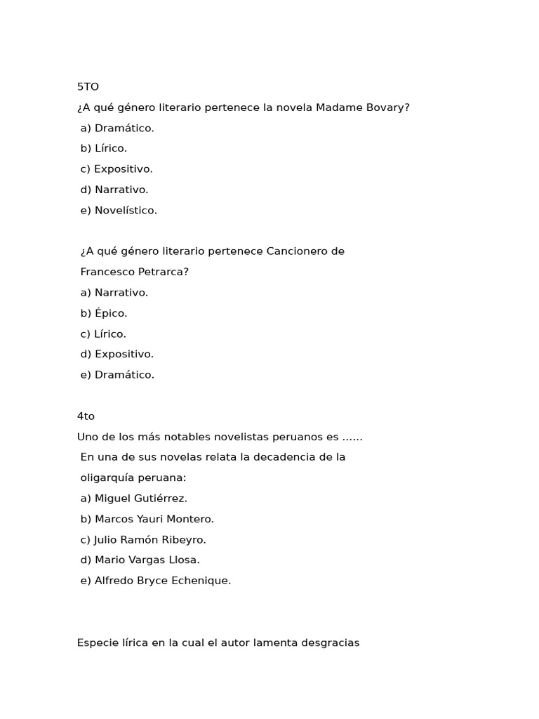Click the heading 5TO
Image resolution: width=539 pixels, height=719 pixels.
pos(88,87)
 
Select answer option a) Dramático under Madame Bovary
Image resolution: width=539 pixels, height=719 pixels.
pos(117,128)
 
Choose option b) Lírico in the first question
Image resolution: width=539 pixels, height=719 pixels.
pos(103,148)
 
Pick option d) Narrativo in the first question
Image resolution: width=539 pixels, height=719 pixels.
pos(114,190)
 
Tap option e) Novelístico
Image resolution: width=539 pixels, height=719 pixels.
pos(119,210)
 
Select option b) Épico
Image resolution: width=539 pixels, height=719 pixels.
pos(104,313)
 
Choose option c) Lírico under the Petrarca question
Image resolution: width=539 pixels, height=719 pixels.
pos(103,334)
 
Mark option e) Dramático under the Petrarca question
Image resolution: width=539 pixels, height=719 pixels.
pos(117,375)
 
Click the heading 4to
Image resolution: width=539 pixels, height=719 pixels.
pos(86,416)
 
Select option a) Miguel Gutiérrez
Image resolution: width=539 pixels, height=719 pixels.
pos(134,499)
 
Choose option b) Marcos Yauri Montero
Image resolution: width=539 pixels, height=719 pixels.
pos(147,519)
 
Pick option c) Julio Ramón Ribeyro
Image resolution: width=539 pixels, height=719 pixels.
pos(143,540)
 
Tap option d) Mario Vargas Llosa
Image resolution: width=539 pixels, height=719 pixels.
pos(140,560)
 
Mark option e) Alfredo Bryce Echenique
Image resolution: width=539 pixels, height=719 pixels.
pos(156,581)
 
